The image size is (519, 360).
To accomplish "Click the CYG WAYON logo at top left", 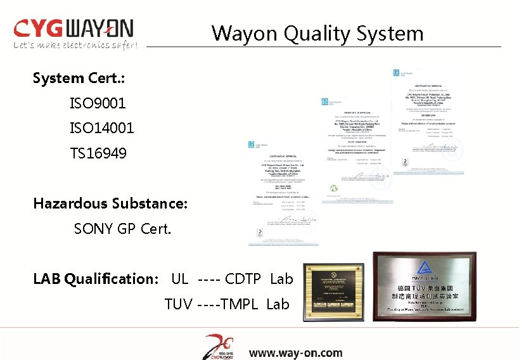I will point(74,29).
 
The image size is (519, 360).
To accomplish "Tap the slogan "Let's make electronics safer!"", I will point(75,45).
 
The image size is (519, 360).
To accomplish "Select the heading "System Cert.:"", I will point(79,79).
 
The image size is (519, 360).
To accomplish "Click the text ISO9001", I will point(98,103).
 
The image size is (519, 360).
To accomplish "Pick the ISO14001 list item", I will point(101,128).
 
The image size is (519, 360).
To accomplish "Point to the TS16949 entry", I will point(98,153).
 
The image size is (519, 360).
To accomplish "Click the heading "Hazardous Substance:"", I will point(110,203).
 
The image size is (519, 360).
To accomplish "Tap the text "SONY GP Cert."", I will point(122,228).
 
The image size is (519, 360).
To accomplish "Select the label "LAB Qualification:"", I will point(96,278).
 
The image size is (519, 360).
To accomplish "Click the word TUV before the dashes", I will point(178,304).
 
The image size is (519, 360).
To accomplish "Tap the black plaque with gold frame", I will point(333,288).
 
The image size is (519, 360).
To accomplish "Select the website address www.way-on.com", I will point(295,353).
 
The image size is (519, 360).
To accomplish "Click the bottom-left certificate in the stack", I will point(283,190).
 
